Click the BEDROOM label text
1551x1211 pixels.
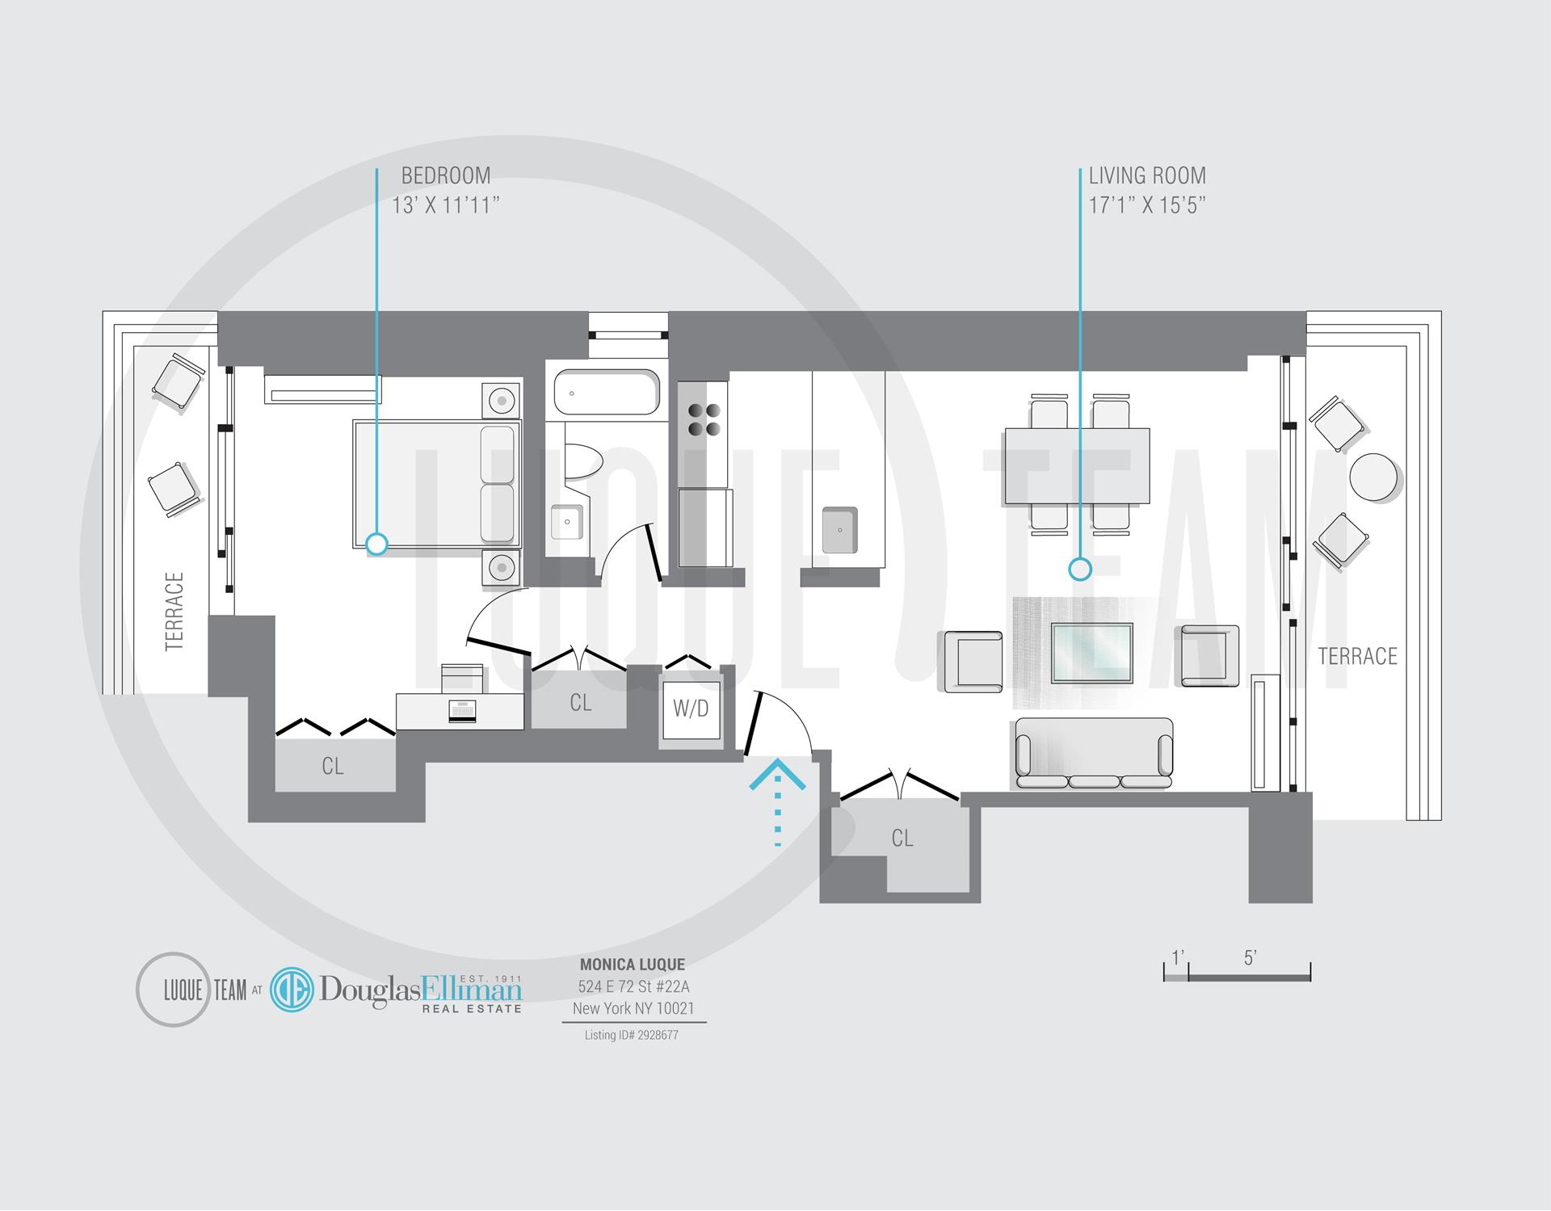click(x=446, y=175)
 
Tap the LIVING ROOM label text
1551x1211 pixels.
click(x=1147, y=175)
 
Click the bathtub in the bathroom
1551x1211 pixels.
click(x=607, y=393)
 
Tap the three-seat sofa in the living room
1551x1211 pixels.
click(x=1093, y=753)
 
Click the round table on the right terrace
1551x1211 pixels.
click(x=1373, y=477)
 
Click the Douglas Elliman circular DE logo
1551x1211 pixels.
click(x=291, y=990)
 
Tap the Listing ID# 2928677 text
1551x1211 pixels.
click(x=632, y=1035)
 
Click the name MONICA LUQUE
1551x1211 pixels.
click(x=633, y=965)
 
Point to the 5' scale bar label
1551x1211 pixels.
click(x=1250, y=958)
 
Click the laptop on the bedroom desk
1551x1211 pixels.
click(x=461, y=710)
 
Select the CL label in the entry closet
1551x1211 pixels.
click(x=902, y=839)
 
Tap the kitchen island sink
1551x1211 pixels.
click(x=839, y=530)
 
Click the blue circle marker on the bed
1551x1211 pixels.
click(x=376, y=545)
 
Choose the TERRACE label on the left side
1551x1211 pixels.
click(x=174, y=611)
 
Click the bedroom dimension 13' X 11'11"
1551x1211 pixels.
click(x=446, y=205)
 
